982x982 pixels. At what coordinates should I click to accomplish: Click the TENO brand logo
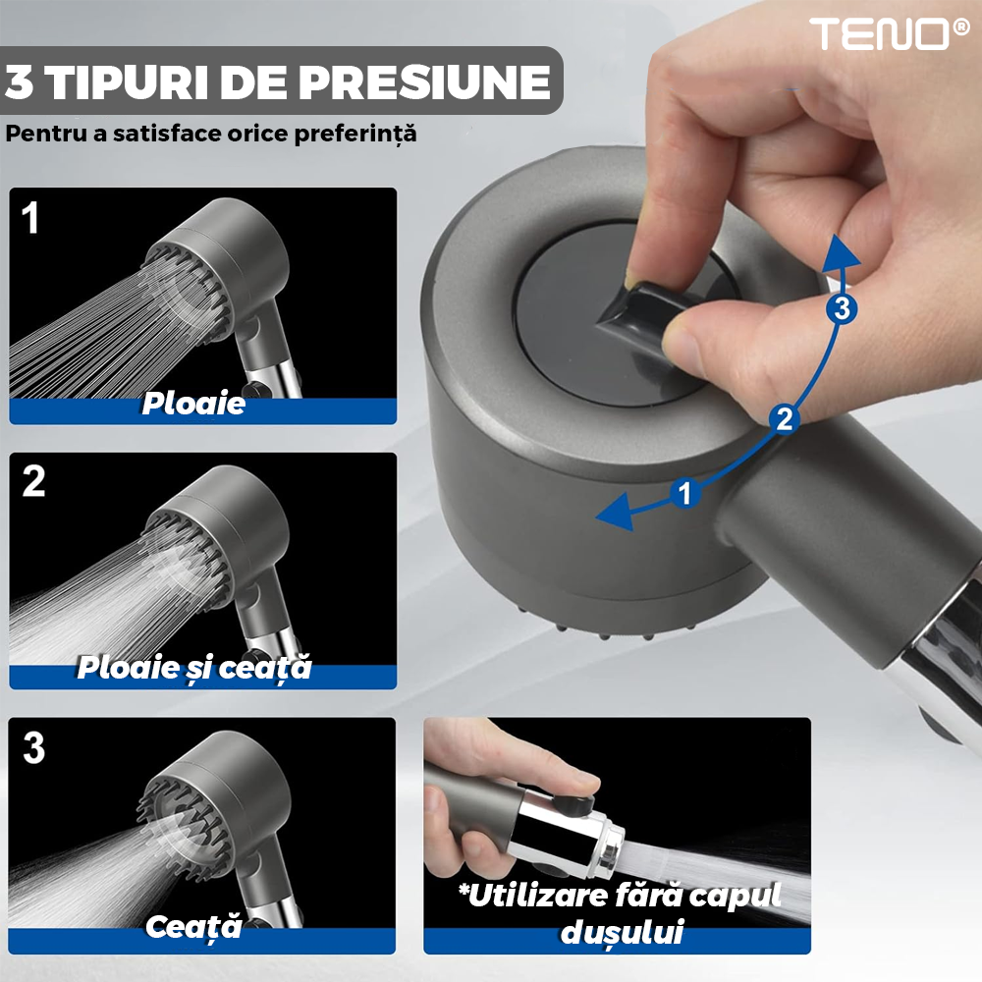pyautogui.click(x=889, y=33)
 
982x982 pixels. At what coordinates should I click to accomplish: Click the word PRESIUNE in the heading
pyautogui.click(x=424, y=82)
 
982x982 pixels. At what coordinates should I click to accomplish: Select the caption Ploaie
pyautogui.click(x=193, y=403)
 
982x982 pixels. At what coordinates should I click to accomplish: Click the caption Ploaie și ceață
pyautogui.click(x=194, y=668)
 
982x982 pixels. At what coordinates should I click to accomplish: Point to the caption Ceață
pyautogui.click(x=193, y=926)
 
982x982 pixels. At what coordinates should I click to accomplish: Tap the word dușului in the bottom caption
pyautogui.click(x=622, y=931)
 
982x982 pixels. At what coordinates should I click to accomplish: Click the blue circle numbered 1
pyautogui.click(x=684, y=494)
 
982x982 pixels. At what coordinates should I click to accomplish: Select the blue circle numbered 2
pyautogui.click(x=784, y=419)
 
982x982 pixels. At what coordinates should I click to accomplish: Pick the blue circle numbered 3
pyautogui.click(x=842, y=308)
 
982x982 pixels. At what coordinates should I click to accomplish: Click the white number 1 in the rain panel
pyautogui.click(x=30, y=217)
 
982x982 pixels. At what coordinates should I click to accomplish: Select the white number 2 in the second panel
pyautogui.click(x=33, y=481)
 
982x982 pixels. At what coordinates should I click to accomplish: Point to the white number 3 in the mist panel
pyautogui.click(x=33, y=747)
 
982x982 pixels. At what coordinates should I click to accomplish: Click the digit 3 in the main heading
pyautogui.click(x=19, y=82)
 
